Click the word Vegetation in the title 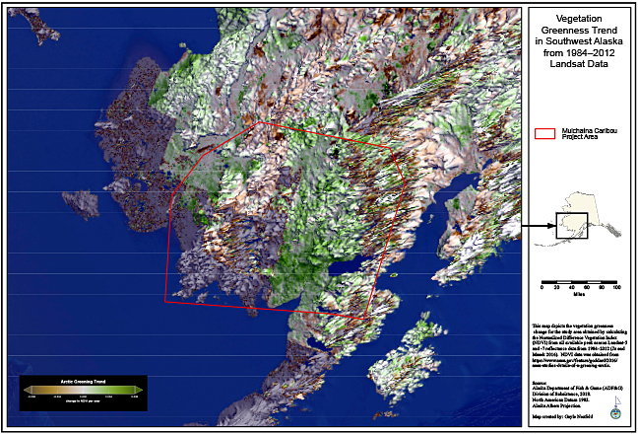579,18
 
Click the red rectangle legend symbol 543,132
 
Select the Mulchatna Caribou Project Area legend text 588,132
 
